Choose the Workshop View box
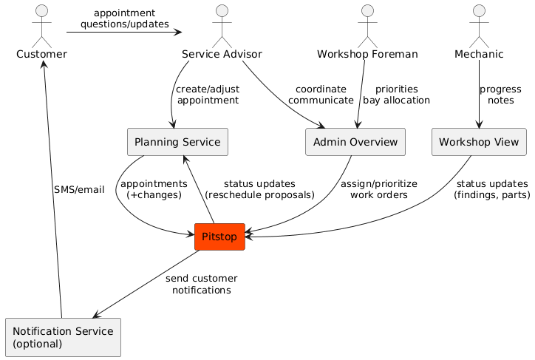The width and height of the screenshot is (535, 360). coord(479,142)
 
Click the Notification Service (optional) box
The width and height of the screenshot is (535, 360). coord(62,336)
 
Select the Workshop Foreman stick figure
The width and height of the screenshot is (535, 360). coord(367,26)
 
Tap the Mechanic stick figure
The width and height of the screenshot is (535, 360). coord(480,26)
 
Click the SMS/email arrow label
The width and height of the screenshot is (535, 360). coord(79,189)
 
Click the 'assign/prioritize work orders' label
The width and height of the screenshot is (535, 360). coord(378,189)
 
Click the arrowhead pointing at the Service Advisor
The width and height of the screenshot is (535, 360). coord(177,32)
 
